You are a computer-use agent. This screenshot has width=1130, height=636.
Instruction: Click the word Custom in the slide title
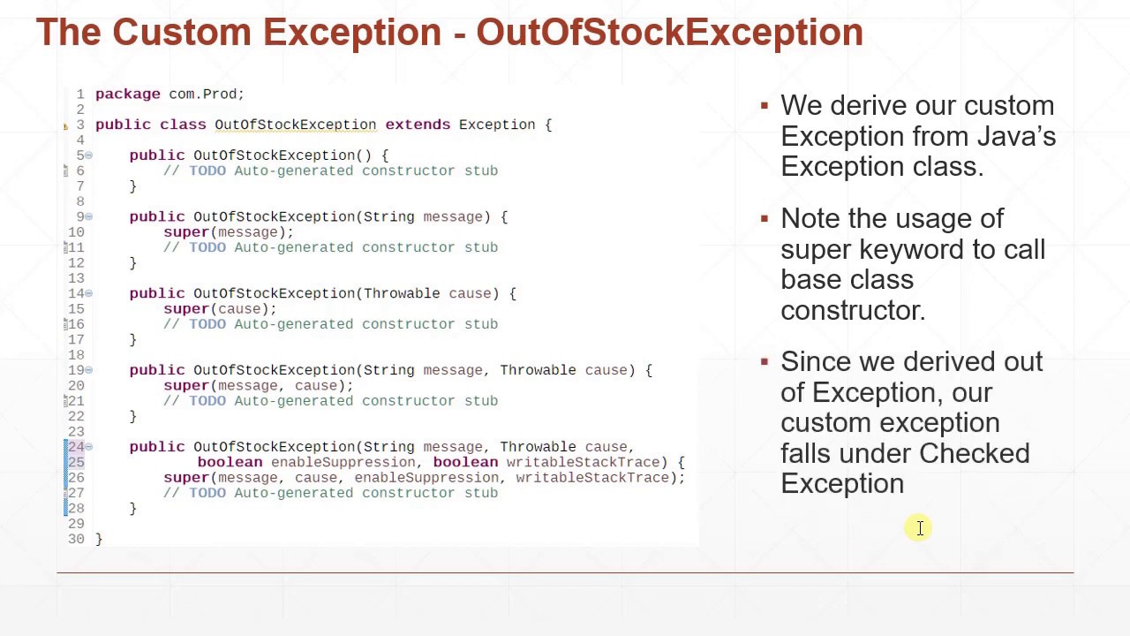(181, 33)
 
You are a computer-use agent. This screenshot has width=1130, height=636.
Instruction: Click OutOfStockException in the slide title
(669, 33)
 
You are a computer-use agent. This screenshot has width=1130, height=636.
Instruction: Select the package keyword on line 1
(127, 94)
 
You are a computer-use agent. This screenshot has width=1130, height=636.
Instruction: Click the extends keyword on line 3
(417, 125)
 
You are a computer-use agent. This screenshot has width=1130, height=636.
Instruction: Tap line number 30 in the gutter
(76, 539)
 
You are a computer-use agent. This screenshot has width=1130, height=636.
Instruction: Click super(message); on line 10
(228, 232)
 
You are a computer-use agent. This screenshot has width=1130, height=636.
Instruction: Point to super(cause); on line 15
(219, 309)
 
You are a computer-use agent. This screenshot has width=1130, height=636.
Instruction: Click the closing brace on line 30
(99, 539)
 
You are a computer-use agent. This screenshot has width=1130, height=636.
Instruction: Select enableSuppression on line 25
(343, 462)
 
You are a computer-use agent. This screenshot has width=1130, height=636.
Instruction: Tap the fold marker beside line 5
(88, 155)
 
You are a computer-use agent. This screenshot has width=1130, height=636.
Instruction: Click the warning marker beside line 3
(65, 125)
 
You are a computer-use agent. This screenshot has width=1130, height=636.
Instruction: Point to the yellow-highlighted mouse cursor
(919, 528)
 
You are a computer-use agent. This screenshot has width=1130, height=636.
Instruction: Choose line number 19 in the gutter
(76, 370)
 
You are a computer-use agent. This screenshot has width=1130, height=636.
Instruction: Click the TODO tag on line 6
(207, 170)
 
